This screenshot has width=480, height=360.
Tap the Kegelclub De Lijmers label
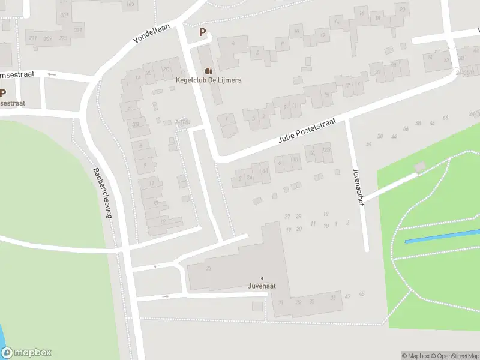(x=208, y=80)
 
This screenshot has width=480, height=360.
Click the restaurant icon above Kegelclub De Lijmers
(x=208, y=70)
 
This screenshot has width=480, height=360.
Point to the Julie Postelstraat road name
(x=306, y=131)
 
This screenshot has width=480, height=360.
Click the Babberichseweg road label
(x=102, y=192)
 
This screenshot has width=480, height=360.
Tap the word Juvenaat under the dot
(x=262, y=286)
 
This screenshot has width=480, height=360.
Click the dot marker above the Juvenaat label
(x=262, y=278)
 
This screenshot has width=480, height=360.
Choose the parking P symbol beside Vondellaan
(x=203, y=32)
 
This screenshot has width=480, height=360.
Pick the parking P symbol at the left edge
(x=3, y=93)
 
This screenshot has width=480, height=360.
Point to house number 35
(x=332, y=297)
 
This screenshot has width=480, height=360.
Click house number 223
(x=78, y=29)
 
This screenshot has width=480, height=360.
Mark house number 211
(x=32, y=38)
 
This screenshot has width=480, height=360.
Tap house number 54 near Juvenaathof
(x=368, y=144)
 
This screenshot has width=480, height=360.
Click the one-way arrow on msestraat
(x=52, y=74)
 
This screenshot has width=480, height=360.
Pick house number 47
(x=347, y=296)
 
